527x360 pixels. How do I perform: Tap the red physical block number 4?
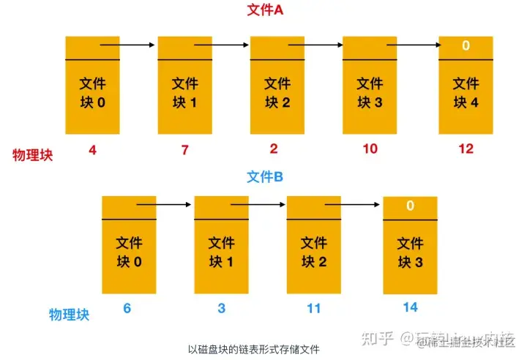(x=92, y=150)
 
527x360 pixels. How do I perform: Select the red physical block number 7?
(x=185, y=150)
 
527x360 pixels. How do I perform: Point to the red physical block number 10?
(x=370, y=150)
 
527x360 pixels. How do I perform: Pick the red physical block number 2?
(x=274, y=150)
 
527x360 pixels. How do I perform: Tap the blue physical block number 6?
(x=127, y=308)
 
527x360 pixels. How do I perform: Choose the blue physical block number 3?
(x=222, y=308)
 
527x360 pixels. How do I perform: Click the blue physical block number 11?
(x=314, y=308)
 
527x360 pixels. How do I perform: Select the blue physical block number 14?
(x=410, y=307)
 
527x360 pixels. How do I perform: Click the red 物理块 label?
(x=33, y=155)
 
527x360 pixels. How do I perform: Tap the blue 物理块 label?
(x=69, y=315)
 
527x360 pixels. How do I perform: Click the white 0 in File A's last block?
(x=466, y=46)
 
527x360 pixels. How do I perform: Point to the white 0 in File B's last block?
(x=411, y=206)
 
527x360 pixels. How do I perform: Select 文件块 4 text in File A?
(x=466, y=93)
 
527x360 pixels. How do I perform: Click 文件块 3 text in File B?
(x=411, y=252)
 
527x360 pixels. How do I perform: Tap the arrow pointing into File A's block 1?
(x=128, y=45)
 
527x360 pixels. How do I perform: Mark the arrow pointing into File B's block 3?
(x=351, y=205)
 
